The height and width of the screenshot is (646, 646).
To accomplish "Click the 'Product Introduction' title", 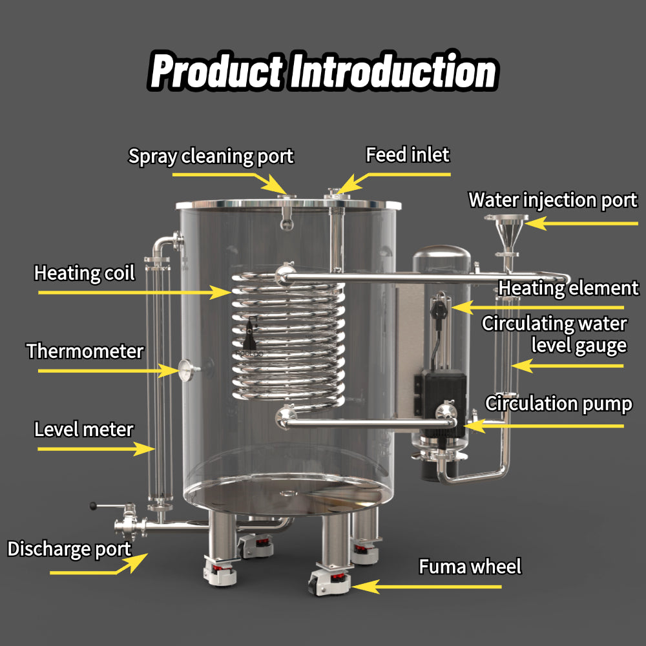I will pos(323,72).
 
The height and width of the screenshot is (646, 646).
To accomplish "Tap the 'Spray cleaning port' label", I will pos(211,156).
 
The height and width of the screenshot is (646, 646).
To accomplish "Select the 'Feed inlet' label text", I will pos(408,155).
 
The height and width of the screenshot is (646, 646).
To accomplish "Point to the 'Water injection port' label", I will pos(552,200).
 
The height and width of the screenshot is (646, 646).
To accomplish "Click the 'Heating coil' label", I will pos(85,273).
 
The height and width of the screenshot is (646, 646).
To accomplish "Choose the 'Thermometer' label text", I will pos(85,351).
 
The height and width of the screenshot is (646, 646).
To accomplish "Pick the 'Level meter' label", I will pos(84,429).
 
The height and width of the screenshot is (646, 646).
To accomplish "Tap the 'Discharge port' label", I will pos(69,549).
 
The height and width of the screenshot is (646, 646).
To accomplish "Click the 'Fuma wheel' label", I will pos(470,567).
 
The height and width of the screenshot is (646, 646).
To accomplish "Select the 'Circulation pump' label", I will pos(558,404).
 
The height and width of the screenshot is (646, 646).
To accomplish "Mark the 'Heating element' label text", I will pos(568,287).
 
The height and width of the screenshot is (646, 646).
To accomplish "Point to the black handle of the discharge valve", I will pos(97,505).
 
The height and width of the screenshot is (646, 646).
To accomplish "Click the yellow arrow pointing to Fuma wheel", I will pos(426,587).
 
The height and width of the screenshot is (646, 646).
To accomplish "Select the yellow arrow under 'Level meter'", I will pos(97,447).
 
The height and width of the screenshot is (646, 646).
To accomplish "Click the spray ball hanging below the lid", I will pos(286,224).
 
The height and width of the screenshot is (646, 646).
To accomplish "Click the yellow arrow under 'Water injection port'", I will pos(581,224).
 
